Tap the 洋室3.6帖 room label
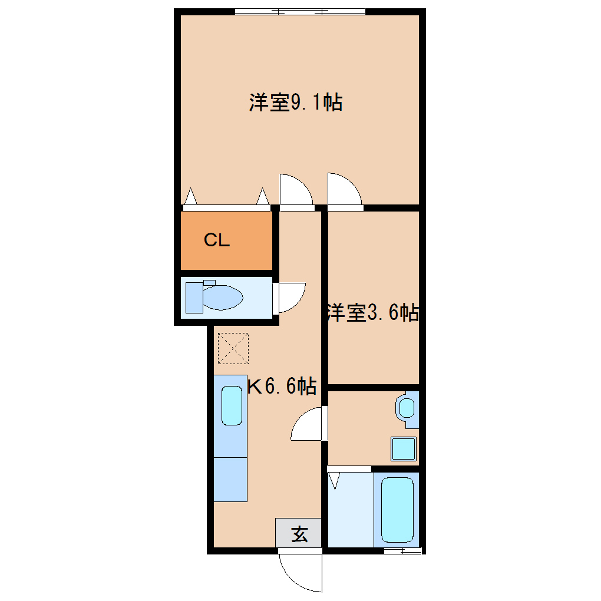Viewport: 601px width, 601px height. point(372,313)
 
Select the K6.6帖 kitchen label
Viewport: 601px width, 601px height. point(282,387)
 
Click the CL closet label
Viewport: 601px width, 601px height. point(216,240)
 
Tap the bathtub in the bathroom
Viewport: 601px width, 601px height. point(397,509)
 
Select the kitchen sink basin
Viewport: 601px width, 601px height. point(232,405)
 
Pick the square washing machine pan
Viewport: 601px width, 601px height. point(404,448)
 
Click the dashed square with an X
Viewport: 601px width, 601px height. point(233,348)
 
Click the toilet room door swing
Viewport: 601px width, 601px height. point(290,298)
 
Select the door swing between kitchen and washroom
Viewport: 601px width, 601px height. point(308,425)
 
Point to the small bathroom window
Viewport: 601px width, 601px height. point(402,552)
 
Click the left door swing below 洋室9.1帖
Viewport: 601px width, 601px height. point(295,191)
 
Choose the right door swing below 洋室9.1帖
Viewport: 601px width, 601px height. point(344,191)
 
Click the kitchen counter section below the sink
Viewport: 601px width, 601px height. point(230,478)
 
